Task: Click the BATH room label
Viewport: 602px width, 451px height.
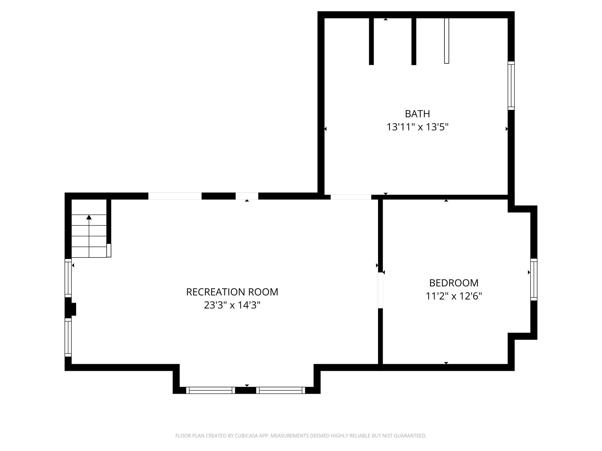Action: pyautogui.click(x=417, y=114)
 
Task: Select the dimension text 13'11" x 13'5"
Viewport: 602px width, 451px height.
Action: pyautogui.click(x=417, y=127)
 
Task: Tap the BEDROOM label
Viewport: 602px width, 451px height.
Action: pyautogui.click(x=454, y=283)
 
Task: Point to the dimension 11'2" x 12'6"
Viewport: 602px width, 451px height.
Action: pyautogui.click(x=454, y=296)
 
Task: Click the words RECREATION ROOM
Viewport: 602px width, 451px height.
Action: pyautogui.click(x=232, y=292)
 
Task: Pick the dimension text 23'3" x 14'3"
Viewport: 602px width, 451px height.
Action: pyautogui.click(x=232, y=305)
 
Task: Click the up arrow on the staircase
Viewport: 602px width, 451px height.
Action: pyautogui.click(x=89, y=218)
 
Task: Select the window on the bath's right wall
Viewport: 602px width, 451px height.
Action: pyautogui.click(x=511, y=86)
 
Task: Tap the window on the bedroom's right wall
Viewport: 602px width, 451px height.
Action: pyautogui.click(x=534, y=280)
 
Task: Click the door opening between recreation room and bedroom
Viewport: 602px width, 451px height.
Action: pyautogui.click(x=380, y=290)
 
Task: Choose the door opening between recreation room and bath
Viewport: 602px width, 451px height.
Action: pyautogui.click(x=351, y=197)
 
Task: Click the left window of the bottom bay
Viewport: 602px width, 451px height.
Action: pyautogui.click(x=210, y=390)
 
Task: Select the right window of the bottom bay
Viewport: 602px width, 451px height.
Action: pyautogui.click(x=280, y=390)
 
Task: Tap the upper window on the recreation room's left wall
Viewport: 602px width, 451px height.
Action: pyautogui.click(x=68, y=278)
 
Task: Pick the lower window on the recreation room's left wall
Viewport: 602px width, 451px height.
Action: pyautogui.click(x=68, y=337)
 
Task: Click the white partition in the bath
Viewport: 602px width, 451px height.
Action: pyautogui.click(x=447, y=41)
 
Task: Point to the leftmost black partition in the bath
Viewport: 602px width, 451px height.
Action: pyautogui.click(x=371, y=41)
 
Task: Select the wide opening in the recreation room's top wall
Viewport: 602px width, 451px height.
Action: pyautogui.click(x=175, y=196)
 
